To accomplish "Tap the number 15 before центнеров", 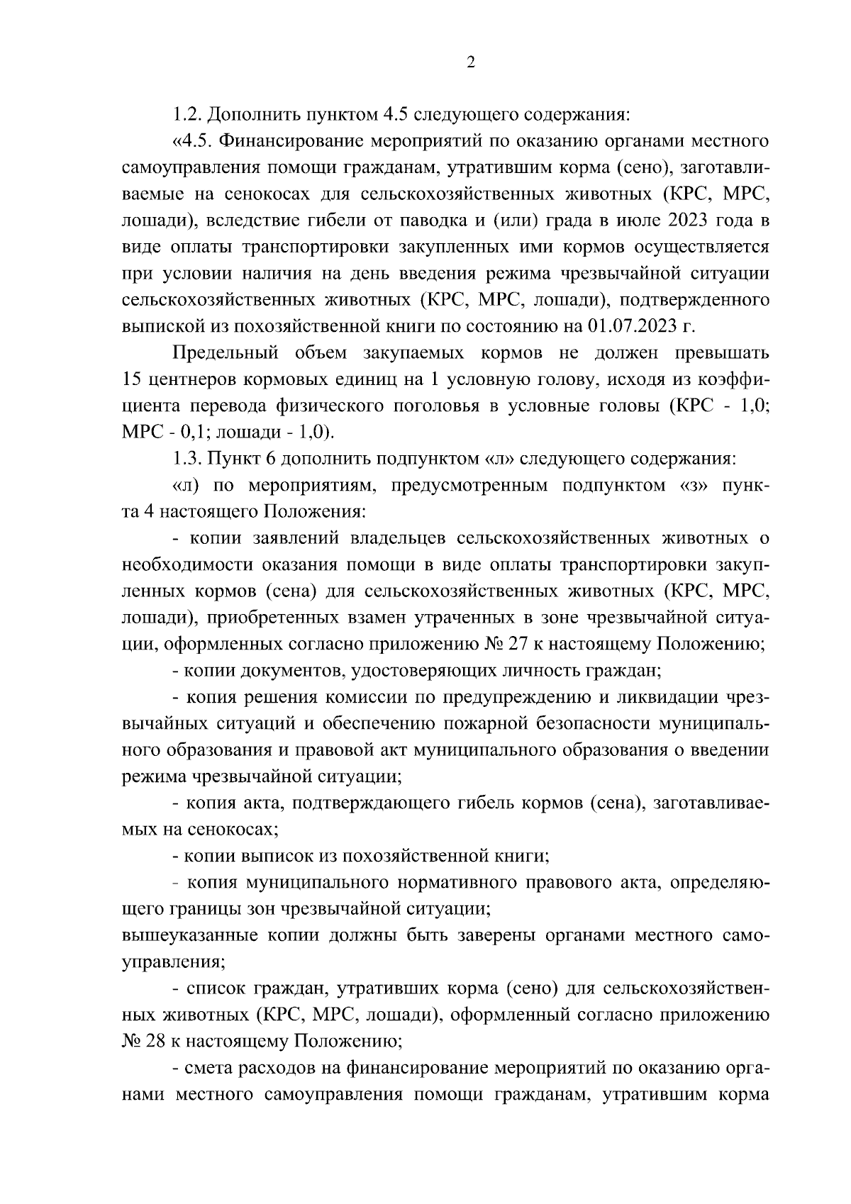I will [x=132, y=379].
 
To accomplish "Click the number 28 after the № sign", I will [x=159, y=1042].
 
